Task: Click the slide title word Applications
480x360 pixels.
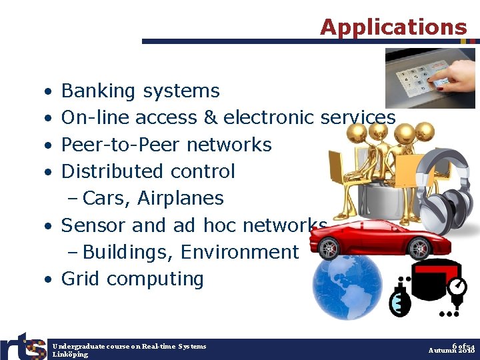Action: [x=393, y=27]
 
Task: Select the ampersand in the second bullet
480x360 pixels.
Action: [x=211, y=118]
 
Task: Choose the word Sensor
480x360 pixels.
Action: [x=93, y=225]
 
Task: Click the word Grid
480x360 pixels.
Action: [x=81, y=279]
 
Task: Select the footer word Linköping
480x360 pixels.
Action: [x=70, y=355]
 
